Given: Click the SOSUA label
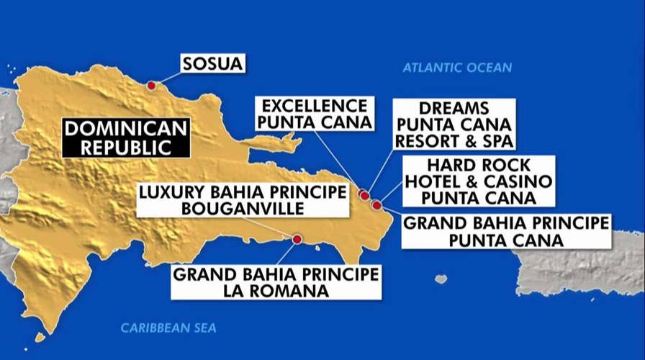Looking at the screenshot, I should tap(212, 64).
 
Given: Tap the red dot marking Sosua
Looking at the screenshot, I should tap(151, 86).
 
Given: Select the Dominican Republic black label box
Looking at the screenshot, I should tap(126, 138).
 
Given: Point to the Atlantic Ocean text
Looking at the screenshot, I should tap(457, 68).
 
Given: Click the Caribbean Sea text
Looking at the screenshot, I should tap(168, 328).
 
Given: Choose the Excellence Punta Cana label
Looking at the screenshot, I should tap(315, 114).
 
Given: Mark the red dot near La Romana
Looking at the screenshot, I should tap(297, 239).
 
